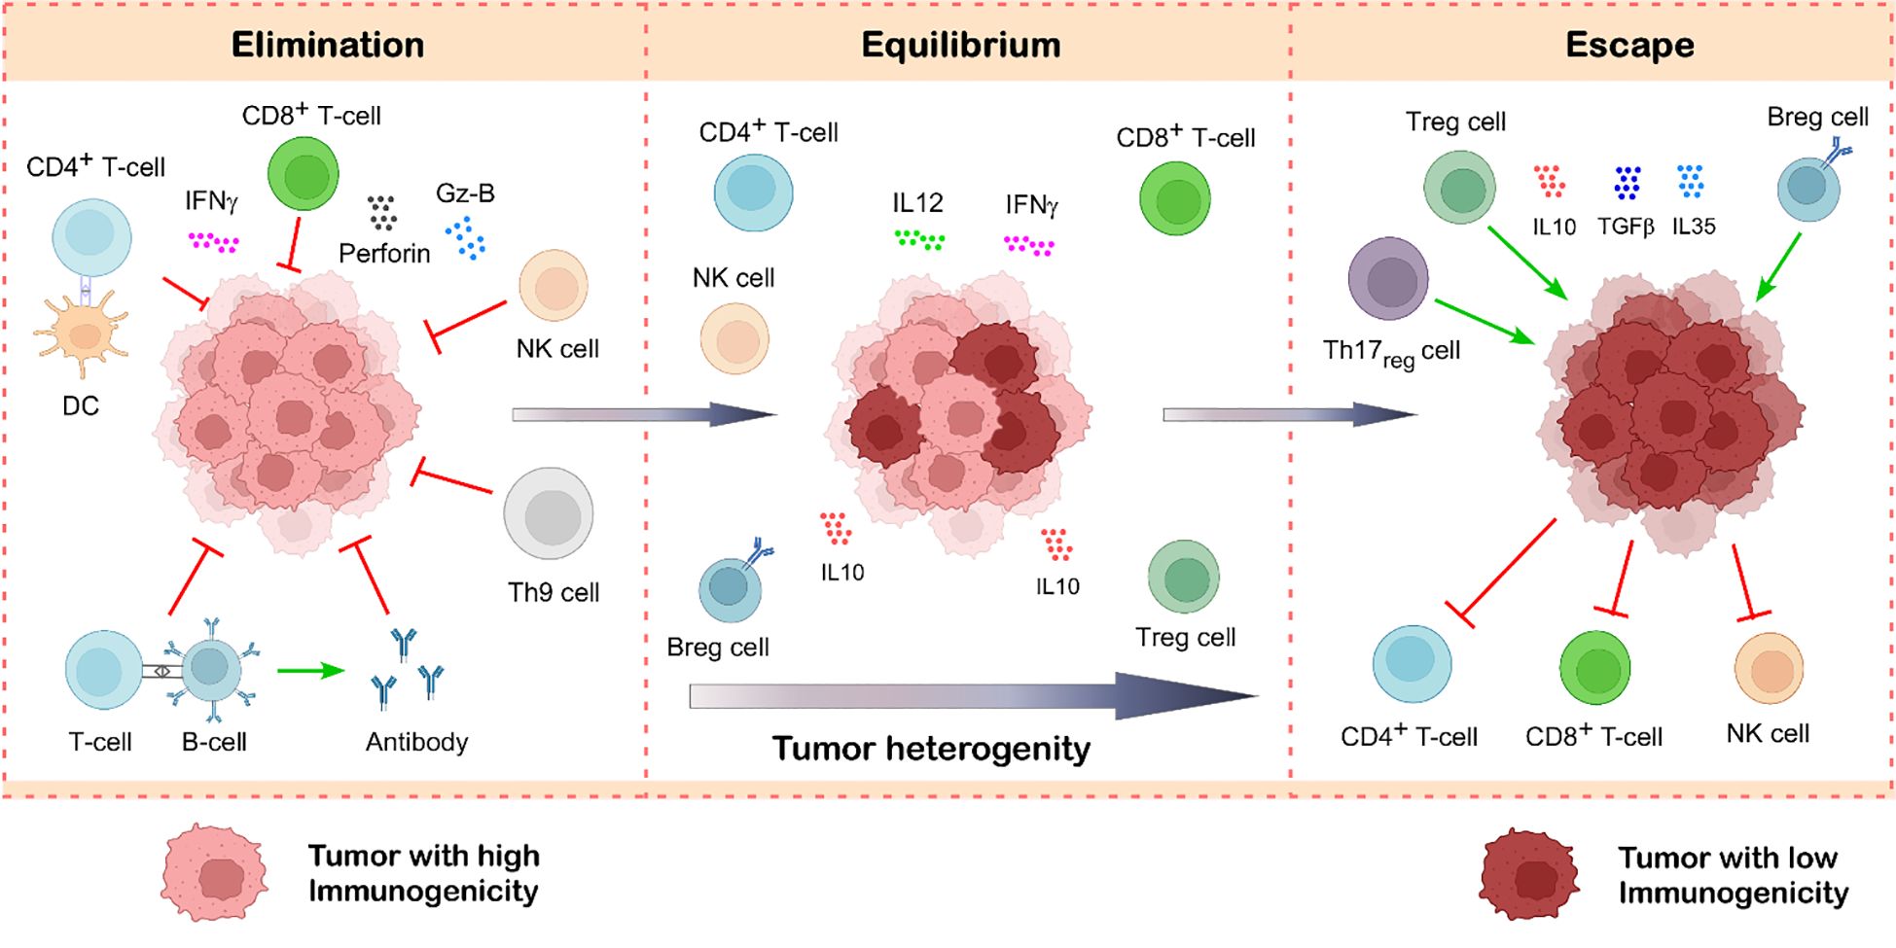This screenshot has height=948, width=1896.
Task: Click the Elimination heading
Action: pos(328,45)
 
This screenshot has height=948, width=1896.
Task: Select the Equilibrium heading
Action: pos(960,45)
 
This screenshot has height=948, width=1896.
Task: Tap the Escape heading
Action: pos(1629,45)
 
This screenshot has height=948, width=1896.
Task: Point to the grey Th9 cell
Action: pos(549,514)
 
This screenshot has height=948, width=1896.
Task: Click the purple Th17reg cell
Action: pos(1388,279)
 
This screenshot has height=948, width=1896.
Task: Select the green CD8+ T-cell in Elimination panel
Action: pos(304,174)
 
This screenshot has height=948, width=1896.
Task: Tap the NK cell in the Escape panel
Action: pos(1769,669)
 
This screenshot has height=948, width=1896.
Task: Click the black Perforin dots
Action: pos(381,213)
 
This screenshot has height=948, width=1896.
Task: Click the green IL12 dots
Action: pos(919,239)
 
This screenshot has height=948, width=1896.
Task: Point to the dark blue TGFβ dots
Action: pos(1627,183)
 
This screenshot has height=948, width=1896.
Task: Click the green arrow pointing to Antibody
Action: pos(310,671)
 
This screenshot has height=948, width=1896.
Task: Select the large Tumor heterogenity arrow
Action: pos(973,696)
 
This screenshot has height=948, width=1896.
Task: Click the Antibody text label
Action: pos(416,742)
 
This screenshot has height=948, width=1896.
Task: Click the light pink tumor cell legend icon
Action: pos(215,873)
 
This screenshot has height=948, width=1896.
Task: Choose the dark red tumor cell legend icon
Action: pos(1529,875)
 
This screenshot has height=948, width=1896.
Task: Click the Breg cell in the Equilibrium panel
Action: pos(730,587)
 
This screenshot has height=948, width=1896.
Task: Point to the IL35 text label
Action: pos(1694,227)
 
